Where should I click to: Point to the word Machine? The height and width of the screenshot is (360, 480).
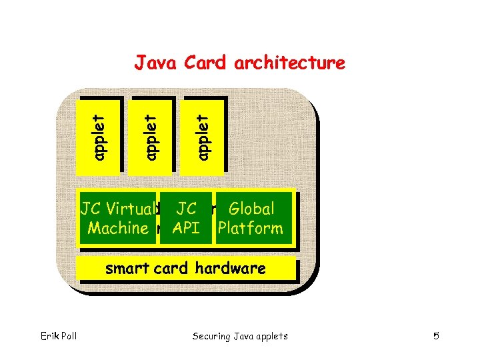pyautogui.click(x=118, y=228)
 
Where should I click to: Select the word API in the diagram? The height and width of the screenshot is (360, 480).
pyautogui.click(x=186, y=228)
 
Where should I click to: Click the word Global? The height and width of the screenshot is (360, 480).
pyautogui.click(x=251, y=209)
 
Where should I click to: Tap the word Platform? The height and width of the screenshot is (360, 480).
pyautogui.click(x=251, y=228)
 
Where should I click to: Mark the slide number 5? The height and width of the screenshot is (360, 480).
pyautogui.click(x=436, y=336)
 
